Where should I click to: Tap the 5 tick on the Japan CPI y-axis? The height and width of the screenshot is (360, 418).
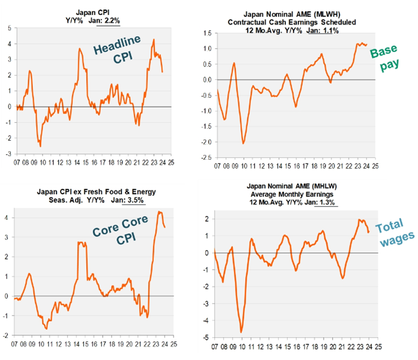[9, 28]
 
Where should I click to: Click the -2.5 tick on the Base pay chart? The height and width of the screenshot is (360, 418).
[206, 158]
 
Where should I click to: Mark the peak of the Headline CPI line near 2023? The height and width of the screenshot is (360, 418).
[154, 40]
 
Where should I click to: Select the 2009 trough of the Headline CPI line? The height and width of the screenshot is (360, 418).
[40, 145]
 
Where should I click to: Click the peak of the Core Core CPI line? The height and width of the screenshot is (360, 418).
[159, 212]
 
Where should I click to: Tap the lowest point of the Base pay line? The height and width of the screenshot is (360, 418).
[243, 143]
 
